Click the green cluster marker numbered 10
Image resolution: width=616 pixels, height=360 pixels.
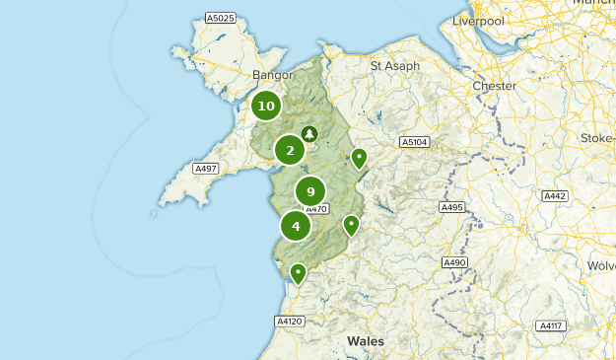click(266, 106)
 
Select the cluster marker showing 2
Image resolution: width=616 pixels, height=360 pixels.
click(290, 150)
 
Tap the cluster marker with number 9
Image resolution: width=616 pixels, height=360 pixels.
click(310, 191)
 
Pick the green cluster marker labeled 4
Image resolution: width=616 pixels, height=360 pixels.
click(296, 226)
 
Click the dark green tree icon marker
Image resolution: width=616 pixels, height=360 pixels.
click(309, 133)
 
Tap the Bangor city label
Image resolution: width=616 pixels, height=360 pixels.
click(273, 75)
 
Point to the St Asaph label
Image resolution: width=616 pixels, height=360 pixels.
click(394, 66)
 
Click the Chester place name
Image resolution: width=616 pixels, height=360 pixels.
click(494, 86)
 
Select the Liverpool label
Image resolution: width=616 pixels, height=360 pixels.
click(478, 21)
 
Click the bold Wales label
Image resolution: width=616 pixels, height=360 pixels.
click(366, 340)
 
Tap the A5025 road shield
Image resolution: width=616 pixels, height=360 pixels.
click(220, 18)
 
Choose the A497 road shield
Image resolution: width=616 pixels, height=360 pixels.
click(205, 169)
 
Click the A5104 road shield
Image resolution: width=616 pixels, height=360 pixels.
click(414, 143)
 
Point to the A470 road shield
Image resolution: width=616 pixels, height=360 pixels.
click(315, 208)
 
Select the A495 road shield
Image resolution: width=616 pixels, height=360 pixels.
click(452, 207)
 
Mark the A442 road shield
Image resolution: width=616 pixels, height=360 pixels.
click(555, 196)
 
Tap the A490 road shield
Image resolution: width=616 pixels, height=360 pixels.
click(454, 262)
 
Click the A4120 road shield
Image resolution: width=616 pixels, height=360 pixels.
click(289, 321)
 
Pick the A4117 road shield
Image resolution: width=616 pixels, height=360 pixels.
click(550, 325)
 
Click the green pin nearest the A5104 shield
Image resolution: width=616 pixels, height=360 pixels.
click(359, 157)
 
